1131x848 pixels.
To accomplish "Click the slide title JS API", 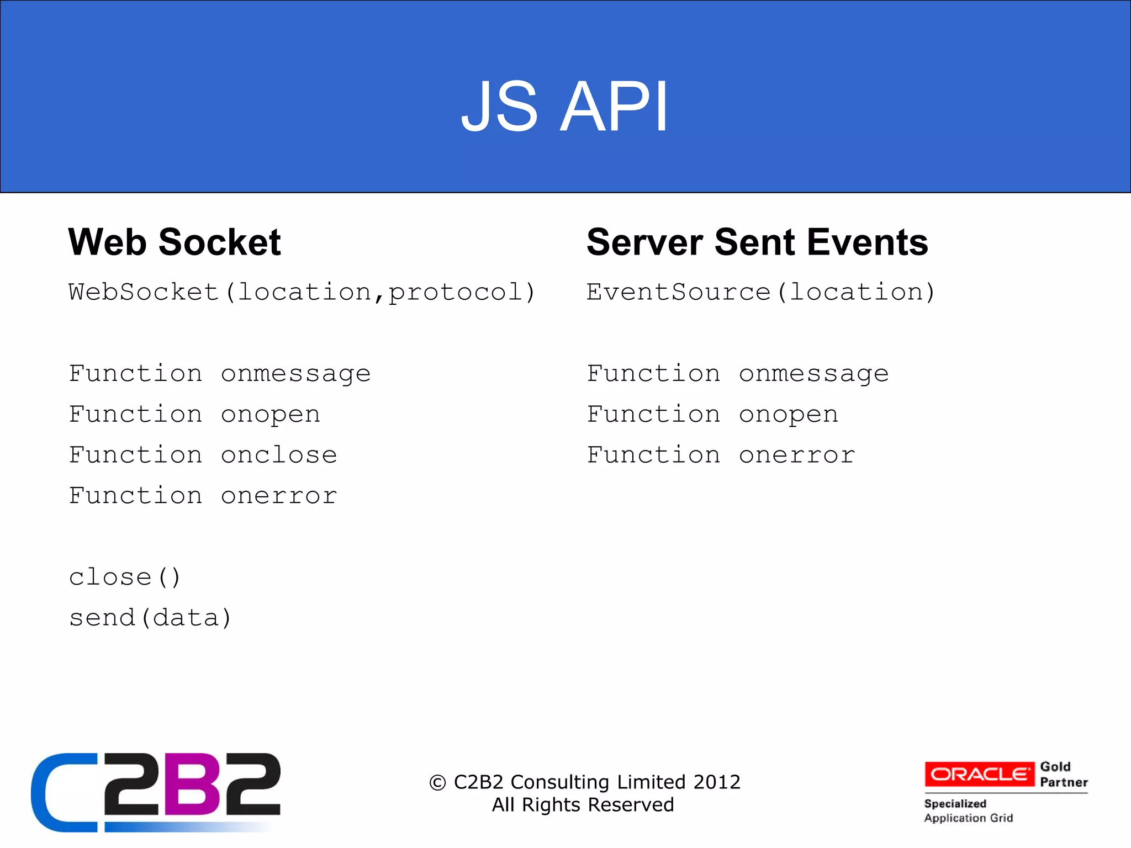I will pyautogui.click(x=564, y=106).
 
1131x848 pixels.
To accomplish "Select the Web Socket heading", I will pyautogui.click(x=175, y=242).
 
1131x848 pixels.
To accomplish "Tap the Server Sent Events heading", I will pyautogui.click(x=757, y=242).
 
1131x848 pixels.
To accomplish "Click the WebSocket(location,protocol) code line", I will pyautogui.click(x=302, y=292).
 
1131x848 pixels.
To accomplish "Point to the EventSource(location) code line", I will pyautogui.click(x=760, y=292).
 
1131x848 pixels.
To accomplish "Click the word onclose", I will pyautogui.click(x=279, y=455).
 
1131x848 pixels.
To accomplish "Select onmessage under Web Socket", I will pyautogui.click(x=295, y=374).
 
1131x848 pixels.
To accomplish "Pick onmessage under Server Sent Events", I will pyautogui.click(x=813, y=374).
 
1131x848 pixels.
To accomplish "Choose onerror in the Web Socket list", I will pyautogui.click(x=279, y=496).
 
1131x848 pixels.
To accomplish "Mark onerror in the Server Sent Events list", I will pyautogui.click(x=797, y=455).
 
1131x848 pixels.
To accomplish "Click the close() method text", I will pyautogui.click(x=125, y=577).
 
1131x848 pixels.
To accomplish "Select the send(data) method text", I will pyautogui.click(x=150, y=618).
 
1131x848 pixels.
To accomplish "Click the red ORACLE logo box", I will pyautogui.click(x=979, y=774).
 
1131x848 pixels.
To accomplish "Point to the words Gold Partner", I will pyautogui.click(x=1063, y=775).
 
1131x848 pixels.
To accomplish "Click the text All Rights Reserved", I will pyautogui.click(x=583, y=805).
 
